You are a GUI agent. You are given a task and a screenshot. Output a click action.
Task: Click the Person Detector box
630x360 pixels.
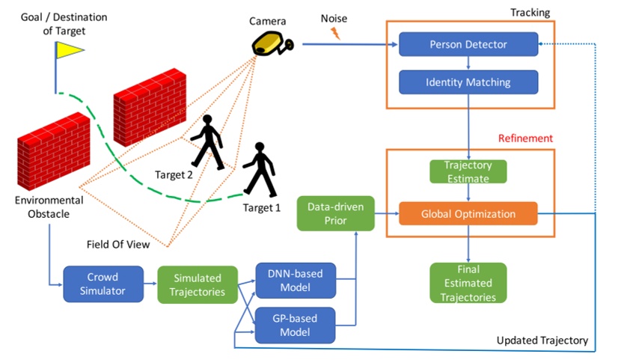468,44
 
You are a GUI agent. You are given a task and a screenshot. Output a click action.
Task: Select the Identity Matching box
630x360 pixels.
468,82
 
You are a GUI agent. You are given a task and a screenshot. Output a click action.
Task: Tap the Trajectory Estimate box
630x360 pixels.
468,172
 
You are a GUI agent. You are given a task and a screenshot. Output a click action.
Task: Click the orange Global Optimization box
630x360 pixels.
468,213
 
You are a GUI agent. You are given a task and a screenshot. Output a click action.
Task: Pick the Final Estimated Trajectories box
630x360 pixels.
468,283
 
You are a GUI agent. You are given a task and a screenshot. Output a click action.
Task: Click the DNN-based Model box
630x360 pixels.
295,281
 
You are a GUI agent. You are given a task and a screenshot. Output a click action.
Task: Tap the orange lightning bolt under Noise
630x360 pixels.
334,34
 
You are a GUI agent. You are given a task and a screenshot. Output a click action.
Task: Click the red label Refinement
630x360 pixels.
525,138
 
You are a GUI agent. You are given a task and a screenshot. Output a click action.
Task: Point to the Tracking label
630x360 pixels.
529,13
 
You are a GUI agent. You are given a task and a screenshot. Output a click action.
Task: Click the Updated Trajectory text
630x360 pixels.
542,341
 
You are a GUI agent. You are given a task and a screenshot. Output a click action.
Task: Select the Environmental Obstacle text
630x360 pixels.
49,207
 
